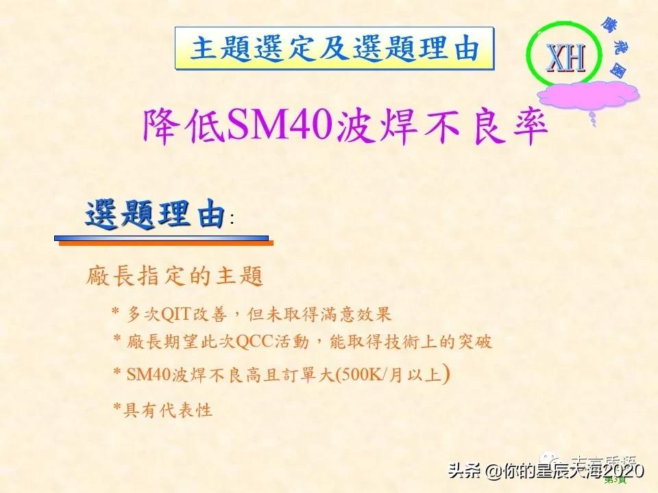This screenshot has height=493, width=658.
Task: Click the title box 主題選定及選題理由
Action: (x=334, y=49)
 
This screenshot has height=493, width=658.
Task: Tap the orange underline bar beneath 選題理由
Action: (x=165, y=242)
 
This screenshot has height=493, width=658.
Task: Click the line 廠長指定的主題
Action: (x=175, y=277)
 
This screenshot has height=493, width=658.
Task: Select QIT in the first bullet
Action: (x=175, y=314)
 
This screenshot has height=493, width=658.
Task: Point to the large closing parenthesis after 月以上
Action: (x=447, y=374)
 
